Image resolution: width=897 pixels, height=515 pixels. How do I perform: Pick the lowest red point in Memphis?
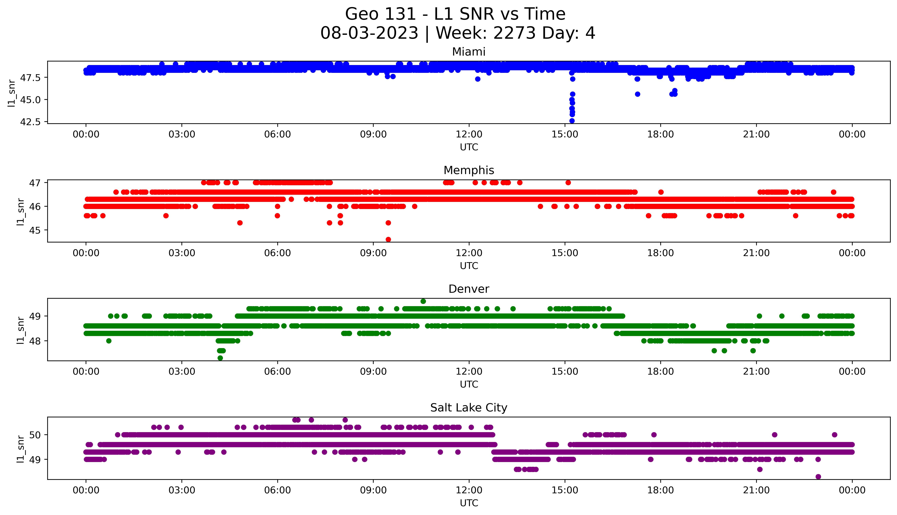coord(388,239)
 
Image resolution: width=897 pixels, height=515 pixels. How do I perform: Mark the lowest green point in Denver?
coord(220,358)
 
